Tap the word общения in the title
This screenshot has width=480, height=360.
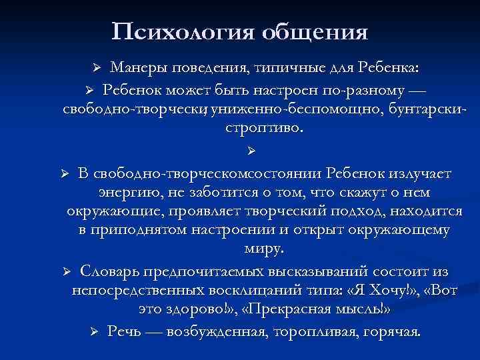click(x=313, y=31)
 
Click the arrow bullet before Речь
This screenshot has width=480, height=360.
click(x=95, y=332)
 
